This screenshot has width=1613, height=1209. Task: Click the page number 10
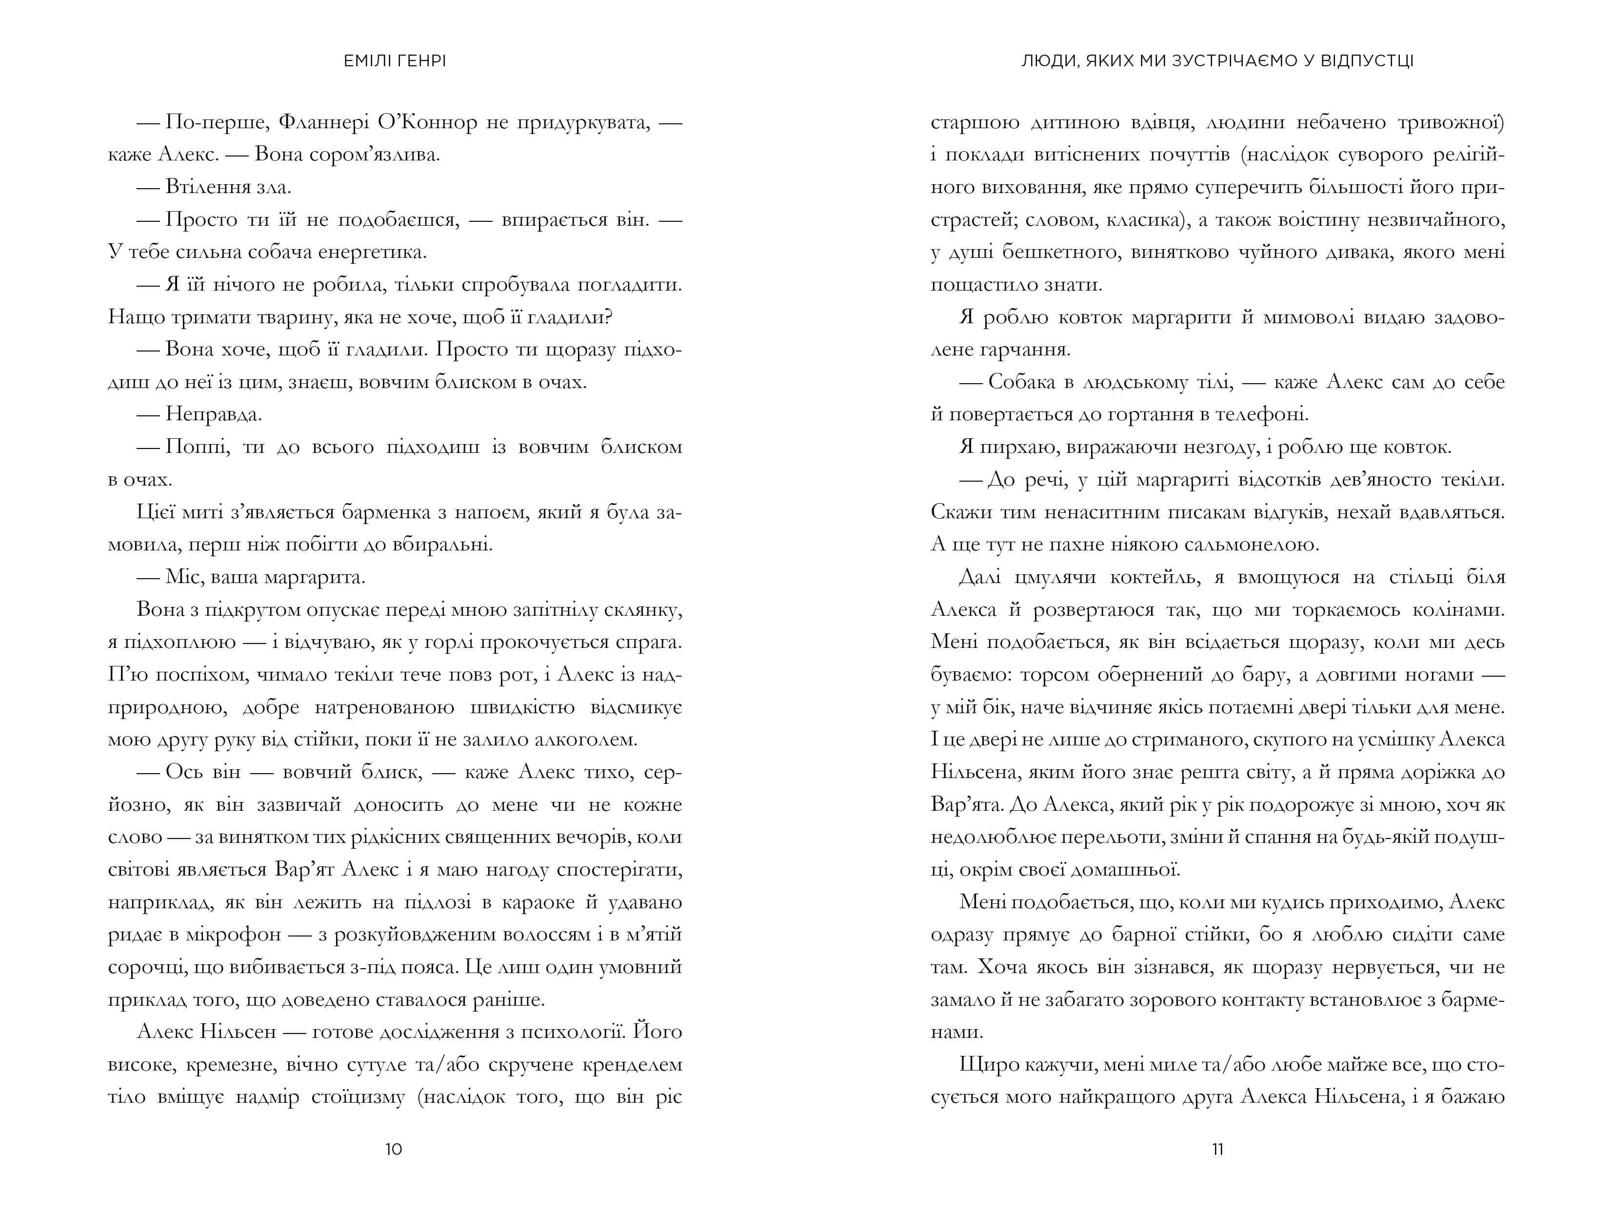coord(393,1149)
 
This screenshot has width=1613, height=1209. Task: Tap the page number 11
coord(1217,1149)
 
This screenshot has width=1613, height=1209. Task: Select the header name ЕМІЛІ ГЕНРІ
coord(395,61)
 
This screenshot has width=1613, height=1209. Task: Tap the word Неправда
coord(214,415)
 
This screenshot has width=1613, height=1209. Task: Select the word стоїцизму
coord(358,1097)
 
